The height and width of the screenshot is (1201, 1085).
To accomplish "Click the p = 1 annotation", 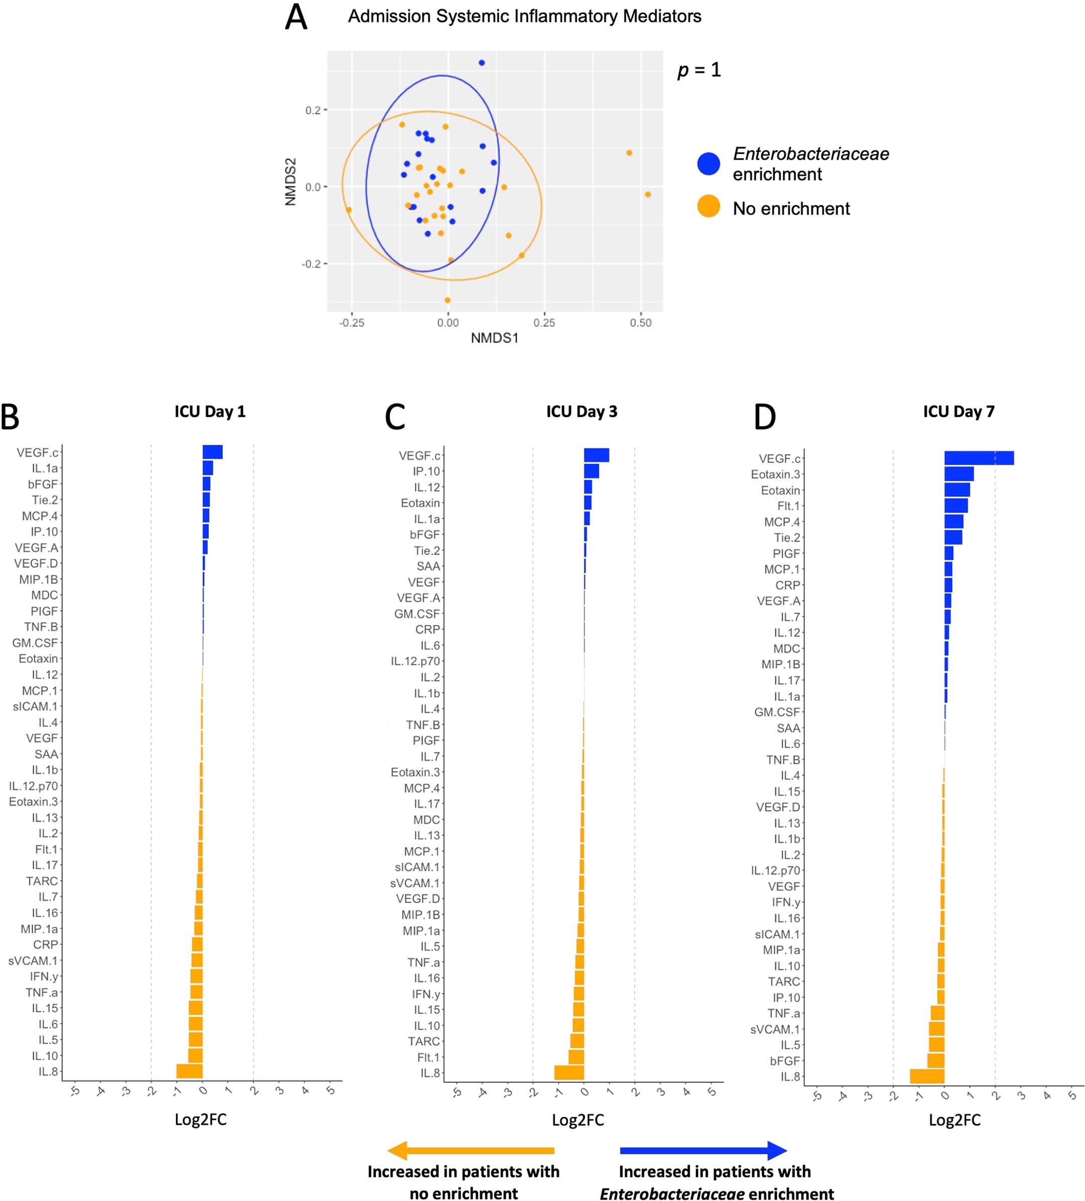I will (699, 70).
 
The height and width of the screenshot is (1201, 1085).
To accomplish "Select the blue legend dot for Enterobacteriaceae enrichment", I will (708, 163).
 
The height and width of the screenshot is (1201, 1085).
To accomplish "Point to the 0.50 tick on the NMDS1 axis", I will (640, 322).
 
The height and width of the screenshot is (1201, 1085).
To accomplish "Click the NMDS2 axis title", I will (291, 182).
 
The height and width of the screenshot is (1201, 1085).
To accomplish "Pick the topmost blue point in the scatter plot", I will (481, 63).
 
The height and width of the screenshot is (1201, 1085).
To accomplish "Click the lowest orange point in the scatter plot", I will (447, 300).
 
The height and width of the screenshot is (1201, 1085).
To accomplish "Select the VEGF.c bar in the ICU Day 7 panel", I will (979, 458).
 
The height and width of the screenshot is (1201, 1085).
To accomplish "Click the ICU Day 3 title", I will (581, 412).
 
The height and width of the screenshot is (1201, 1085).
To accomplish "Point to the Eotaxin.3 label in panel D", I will (775, 474).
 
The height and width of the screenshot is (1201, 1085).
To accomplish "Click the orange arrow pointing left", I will (470, 1150).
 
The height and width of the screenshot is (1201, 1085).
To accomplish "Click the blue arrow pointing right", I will (703, 1150).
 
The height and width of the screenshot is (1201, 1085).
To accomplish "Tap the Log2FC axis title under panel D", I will (954, 1120).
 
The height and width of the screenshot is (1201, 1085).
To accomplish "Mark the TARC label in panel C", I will (424, 1041).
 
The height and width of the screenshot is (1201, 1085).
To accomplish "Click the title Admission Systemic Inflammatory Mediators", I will (524, 17).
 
